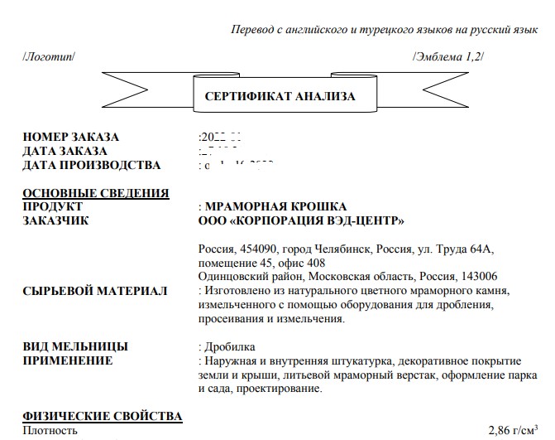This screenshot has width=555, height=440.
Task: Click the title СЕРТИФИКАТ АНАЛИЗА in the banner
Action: (x=280, y=96)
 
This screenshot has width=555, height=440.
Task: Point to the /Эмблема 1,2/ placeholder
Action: (x=447, y=56)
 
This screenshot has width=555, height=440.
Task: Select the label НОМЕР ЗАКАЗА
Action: (x=71, y=138)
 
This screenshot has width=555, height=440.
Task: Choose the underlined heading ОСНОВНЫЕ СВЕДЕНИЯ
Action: (x=96, y=193)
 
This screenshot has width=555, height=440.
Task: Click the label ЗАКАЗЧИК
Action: (x=55, y=220)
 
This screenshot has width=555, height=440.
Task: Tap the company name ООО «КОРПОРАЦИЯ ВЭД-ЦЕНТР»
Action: (x=302, y=220)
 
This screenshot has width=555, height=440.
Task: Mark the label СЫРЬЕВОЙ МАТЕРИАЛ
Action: (x=95, y=291)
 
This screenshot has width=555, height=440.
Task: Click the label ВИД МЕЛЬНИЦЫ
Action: (x=75, y=346)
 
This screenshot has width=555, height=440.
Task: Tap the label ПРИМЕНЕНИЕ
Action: (x=67, y=360)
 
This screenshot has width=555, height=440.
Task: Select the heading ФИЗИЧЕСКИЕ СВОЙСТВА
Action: (x=103, y=416)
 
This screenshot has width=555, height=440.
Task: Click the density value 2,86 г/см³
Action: (x=515, y=430)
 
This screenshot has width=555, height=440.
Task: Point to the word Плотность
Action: (x=50, y=431)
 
